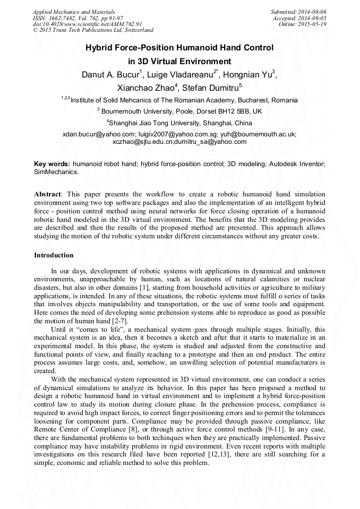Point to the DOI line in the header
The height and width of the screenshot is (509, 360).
coord(87,24)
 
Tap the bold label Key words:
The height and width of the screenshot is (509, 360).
coord(52,165)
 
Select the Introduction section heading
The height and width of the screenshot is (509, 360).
coord(54,255)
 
